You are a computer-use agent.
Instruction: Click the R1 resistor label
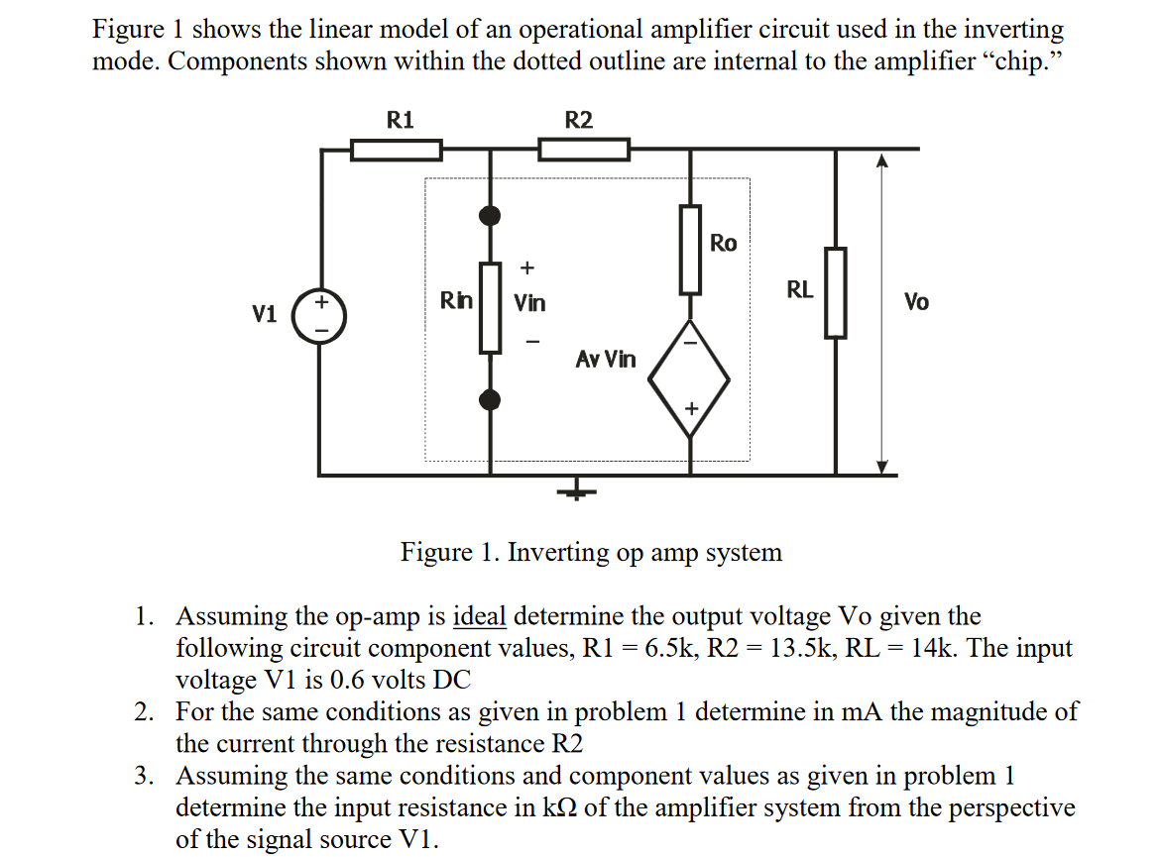pos(400,121)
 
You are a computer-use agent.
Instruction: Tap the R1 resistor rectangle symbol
pos(397,150)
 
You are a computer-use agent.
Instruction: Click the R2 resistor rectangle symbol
pos(583,150)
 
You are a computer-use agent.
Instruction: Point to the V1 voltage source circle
pos(320,317)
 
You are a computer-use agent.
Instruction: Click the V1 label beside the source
pos(264,315)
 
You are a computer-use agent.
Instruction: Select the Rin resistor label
pos(456,300)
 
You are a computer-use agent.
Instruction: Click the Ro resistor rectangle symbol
pos(690,250)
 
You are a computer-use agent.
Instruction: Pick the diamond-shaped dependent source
pos(690,378)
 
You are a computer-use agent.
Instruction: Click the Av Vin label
pos(606,359)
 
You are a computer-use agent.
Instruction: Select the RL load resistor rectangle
pos(836,292)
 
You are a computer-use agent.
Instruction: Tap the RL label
pos(799,290)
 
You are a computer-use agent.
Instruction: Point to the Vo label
pos(916,302)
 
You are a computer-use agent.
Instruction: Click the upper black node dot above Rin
pos(490,215)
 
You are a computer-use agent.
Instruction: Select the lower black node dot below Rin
pos(490,399)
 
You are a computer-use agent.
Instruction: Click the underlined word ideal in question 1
pos(479,616)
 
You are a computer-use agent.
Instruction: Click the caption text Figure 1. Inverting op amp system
pos(591,552)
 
